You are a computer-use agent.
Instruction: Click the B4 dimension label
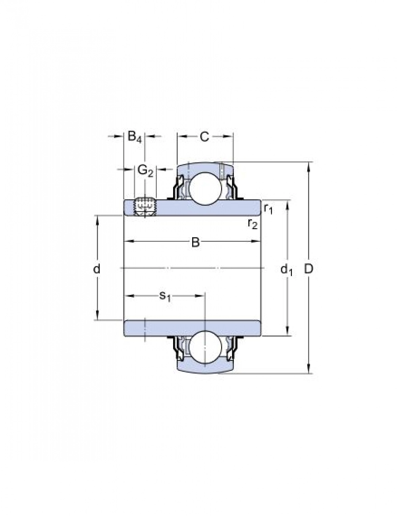pyautogui.click(x=135, y=137)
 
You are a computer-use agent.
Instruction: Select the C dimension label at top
pyautogui.click(x=204, y=137)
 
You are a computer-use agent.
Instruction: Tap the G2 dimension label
pyautogui.click(x=145, y=171)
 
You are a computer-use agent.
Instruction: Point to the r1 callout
pyautogui.click(x=268, y=209)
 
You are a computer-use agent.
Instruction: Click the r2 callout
pyautogui.click(x=252, y=224)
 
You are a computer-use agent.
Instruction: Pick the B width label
pyautogui.click(x=195, y=243)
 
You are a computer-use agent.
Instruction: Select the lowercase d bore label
pyautogui.click(x=96, y=269)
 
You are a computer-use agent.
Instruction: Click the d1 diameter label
pyautogui.click(x=286, y=270)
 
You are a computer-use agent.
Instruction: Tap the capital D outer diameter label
pyautogui.click(x=309, y=269)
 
